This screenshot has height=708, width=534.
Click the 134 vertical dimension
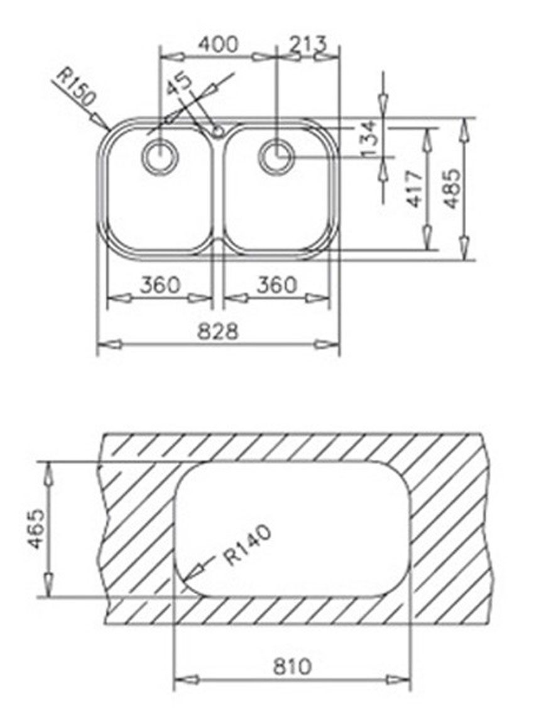coord(369,138)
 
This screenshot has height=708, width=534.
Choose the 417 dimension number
coord(414,189)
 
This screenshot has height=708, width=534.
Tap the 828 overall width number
coord(218,331)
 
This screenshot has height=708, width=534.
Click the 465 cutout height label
coord(36,529)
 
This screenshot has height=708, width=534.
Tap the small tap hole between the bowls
coord(217,131)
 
